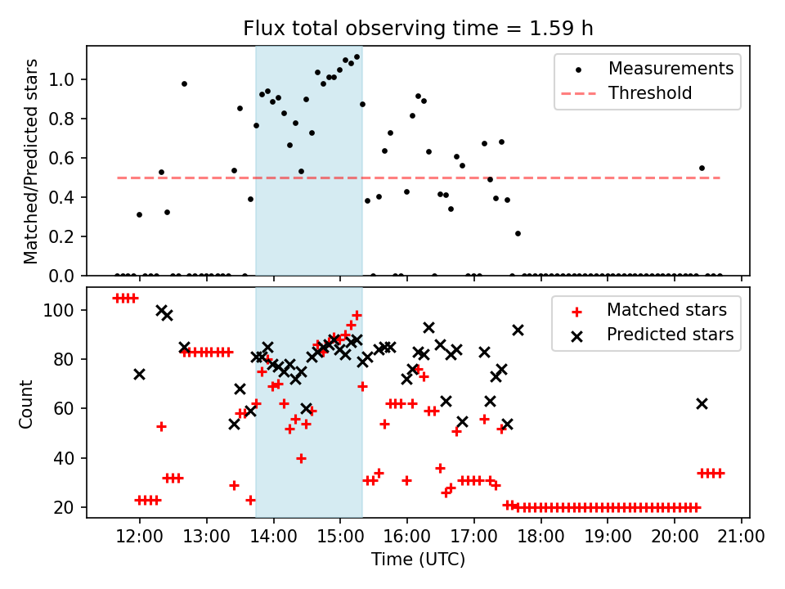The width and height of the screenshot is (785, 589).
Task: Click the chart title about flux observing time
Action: pyautogui.click(x=418, y=29)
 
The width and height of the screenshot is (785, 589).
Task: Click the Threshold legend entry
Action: pyautogui.click(x=650, y=93)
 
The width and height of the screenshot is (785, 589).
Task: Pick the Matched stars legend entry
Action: pyautogui.click(x=666, y=310)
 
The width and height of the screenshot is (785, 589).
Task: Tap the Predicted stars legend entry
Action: pyautogui.click(x=670, y=335)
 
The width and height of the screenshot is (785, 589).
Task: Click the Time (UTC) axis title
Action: pyautogui.click(x=418, y=560)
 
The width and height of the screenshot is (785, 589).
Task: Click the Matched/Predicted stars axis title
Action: pyautogui.click(x=30, y=161)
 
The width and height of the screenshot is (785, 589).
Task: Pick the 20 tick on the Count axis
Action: pyautogui.click(x=69, y=507)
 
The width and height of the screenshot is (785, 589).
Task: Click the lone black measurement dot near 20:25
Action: pyautogui.click(x=702, y=168)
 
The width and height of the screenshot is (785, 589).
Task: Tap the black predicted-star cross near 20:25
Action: pyautogui.click(x=702, y=403)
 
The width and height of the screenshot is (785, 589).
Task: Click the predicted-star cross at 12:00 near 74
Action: pyautogui.click(x=139, y=374)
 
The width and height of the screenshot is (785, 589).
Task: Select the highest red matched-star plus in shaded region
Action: pyautogui.click(x=357, y=315)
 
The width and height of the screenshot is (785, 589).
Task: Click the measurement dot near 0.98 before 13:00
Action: pyautogui.click(x=184, y=83)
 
